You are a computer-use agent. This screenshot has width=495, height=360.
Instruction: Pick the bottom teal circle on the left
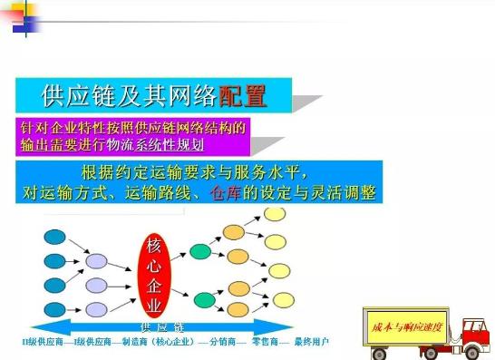[55, 307]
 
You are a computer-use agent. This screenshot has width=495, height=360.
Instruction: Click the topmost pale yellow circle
[275, 216]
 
